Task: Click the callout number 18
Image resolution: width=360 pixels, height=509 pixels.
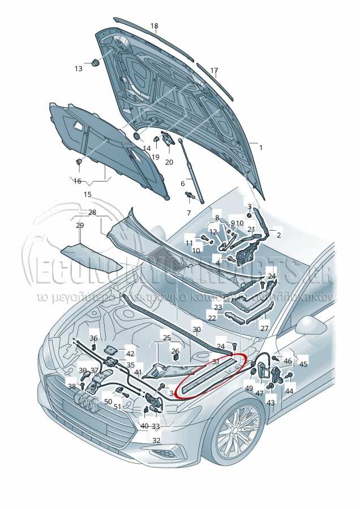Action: coord(155,26)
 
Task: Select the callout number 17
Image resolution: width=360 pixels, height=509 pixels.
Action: coord(214,71)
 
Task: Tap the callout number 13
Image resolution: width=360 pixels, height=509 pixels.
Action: coord(78,68)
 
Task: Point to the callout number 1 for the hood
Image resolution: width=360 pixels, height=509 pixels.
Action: coord(261,148)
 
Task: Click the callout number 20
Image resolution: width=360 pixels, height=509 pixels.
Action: coord(169,162)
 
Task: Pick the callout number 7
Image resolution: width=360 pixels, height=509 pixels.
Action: coord(189,213)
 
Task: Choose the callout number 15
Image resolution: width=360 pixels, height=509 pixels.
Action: coord(88,194)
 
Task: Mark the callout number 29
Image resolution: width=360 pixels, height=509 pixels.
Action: coord(80,225)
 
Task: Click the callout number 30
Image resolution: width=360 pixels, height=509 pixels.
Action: coord(196,330)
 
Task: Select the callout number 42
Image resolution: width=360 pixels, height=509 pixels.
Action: coord(130,354)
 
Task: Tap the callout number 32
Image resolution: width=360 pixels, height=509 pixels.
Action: coord(156,440)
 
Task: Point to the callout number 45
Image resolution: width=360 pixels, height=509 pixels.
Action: coord(303,364)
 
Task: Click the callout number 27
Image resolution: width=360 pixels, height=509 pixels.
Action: coord(264,328)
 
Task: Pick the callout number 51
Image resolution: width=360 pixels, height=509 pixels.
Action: coord(117,406)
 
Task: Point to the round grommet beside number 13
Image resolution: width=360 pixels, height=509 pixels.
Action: coord(95,63)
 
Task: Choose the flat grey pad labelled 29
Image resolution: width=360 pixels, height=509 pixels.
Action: coord(91,256)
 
